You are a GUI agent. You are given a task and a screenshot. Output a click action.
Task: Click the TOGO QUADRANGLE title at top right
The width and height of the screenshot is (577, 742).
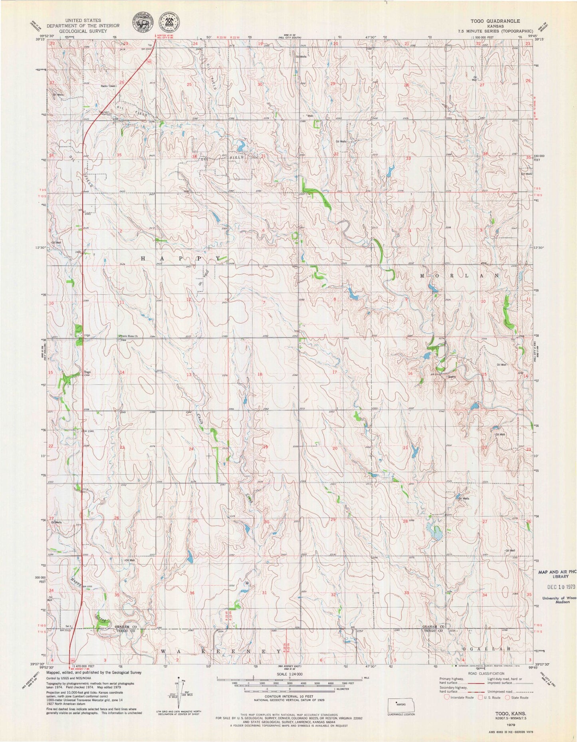[x=501, y=20]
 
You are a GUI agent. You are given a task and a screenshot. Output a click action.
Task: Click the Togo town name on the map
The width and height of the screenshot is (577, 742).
[x=87, y=372]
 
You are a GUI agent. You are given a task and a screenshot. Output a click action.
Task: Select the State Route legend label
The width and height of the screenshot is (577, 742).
[x=519, y=697]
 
